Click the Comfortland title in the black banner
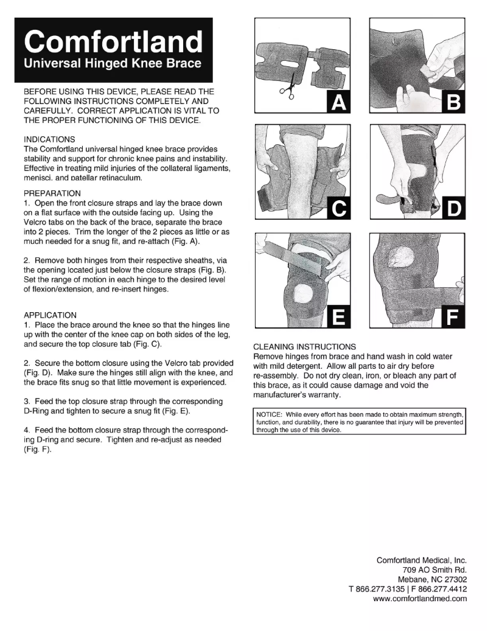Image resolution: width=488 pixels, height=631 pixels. (113, 41)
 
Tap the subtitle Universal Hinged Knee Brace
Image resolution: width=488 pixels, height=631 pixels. (112, 63)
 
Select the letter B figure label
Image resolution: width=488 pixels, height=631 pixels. (453, 103)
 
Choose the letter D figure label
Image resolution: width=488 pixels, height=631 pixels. (453, 209)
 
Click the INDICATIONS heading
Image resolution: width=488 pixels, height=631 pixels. (49, 139)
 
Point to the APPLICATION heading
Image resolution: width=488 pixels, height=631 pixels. (50, 315)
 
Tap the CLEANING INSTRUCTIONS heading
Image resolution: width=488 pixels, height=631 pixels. (304, 347)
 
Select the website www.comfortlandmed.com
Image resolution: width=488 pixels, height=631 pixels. (419, 598)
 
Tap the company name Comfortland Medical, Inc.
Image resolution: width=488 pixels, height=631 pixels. (422, 560)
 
